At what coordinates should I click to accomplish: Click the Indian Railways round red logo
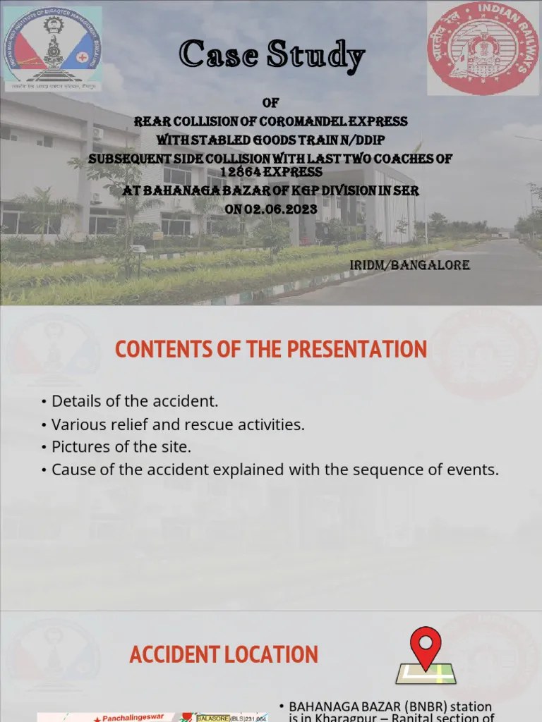482,48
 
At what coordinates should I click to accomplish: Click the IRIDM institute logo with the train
53,48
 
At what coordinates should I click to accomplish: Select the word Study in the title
319,55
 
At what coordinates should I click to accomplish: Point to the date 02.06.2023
282,209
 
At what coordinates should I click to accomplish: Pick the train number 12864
241,171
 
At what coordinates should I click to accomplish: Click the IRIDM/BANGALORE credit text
409,265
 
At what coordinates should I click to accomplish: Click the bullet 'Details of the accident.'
135,401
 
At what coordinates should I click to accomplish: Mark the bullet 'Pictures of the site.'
121,447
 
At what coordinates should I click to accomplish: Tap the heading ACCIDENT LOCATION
224,654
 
